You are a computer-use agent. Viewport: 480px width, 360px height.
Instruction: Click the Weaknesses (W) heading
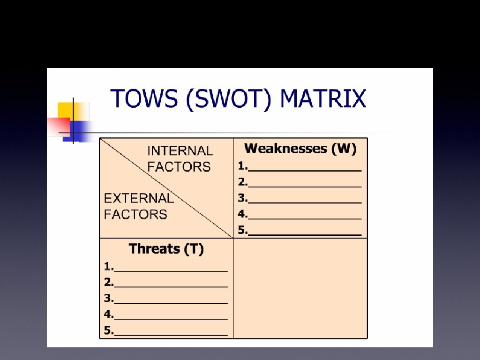[300, 149]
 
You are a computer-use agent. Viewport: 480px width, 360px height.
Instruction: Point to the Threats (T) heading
[166, 249]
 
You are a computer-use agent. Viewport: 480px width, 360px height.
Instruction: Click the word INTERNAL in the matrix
[180, 151]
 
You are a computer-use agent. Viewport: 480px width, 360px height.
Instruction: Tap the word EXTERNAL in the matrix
[139, 198]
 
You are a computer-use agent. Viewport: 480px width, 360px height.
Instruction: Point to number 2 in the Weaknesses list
[241, 182]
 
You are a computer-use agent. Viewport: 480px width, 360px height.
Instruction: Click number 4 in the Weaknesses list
[241, 214]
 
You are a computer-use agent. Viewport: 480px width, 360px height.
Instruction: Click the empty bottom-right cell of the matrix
[300, 288]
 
